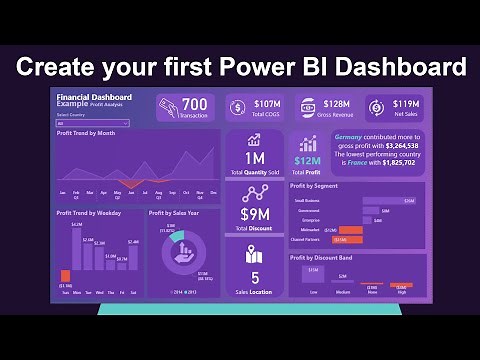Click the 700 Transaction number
coord(195,104)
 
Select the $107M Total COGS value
coord(266,104)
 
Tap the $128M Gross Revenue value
coord(335,104)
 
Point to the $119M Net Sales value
coord(406,103)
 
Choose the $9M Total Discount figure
coord(254,213)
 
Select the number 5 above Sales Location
coord(254,277)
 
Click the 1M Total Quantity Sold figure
coord(254,157)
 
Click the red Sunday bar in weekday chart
coord(66,275)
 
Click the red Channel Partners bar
coord(349,240)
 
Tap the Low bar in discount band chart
coord(313,279)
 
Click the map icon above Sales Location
coord(254,254)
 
